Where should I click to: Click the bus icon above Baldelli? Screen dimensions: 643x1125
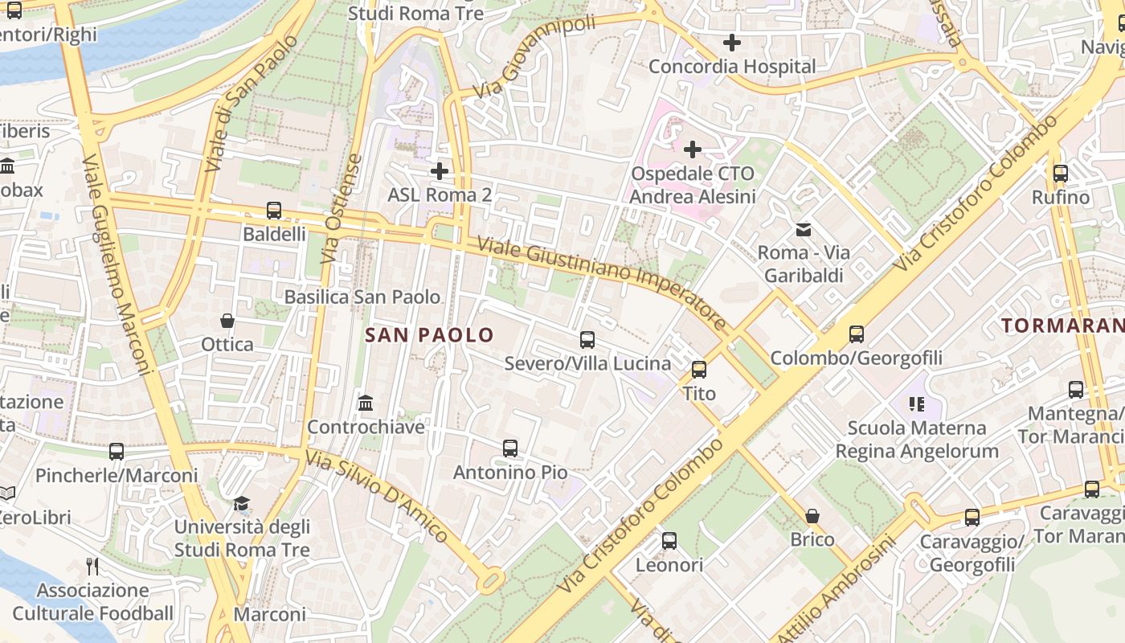(x=274, y=211)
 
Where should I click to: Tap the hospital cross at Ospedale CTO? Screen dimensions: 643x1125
(x=693, y=149)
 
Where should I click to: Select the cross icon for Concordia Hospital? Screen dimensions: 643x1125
(x=731, y=43)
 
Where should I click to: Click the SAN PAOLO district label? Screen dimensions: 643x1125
(x=429, y=334)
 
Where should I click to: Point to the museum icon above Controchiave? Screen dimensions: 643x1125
(x=366, y=402)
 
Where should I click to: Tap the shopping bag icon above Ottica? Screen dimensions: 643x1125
(x=227, y=321)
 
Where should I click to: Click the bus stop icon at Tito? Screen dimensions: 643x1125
(x=699, y=370)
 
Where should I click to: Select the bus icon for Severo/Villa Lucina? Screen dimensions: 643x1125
(x=587, y=340)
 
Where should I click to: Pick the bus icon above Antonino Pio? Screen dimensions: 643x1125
(x=510, y=448)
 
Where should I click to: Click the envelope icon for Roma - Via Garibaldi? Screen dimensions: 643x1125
(x=803, y=230)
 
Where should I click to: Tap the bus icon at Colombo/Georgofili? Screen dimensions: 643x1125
(x=857, y=334)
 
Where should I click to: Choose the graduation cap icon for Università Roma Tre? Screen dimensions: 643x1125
(x=242, y=504)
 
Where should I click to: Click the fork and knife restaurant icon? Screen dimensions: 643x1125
(x=92, y=567)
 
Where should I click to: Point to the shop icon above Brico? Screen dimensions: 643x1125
(x=812, y=515)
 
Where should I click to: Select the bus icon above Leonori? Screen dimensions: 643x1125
(x=669, y=541)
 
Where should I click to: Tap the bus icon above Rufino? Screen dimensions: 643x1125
(x=1061, y=173)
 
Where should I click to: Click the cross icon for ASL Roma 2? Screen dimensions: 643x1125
(x=440, y=170)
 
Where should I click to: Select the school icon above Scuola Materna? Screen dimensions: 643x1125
(x=917, y=403)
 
